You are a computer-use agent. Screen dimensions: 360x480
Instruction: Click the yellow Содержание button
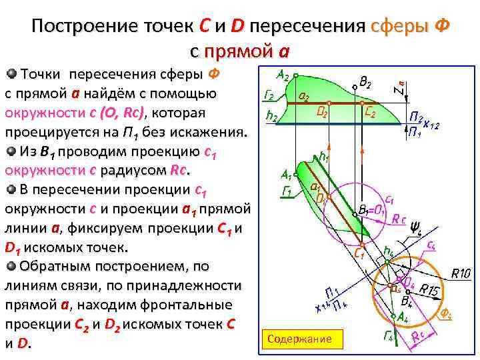(299, 339)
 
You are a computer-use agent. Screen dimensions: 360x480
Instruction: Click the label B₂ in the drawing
(365, 81)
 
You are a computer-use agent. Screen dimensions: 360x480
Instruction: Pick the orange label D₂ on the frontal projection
(323, 112)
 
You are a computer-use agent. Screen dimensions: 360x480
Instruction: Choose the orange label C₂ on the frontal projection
(371, 112)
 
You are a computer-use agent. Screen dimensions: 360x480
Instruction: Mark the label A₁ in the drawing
(285, 175)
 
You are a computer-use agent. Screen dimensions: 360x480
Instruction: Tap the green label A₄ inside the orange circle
(402, 319)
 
